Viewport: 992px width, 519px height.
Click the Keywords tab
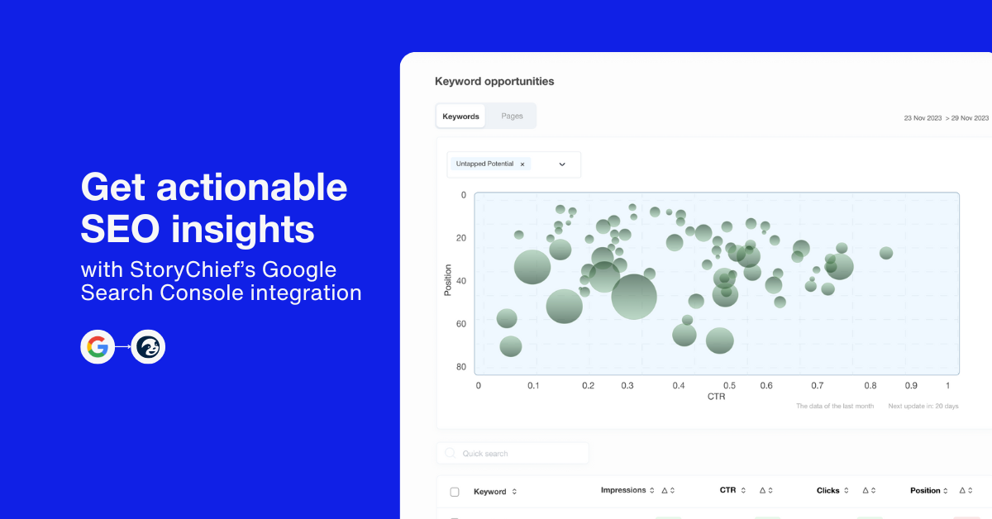(x=460, y=116)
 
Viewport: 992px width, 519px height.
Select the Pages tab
(x=512, y=116)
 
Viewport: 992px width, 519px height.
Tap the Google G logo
(x=98, y=347)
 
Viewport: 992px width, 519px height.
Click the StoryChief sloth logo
(x=148, y=347)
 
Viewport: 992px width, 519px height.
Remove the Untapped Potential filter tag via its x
(x=522, y=164)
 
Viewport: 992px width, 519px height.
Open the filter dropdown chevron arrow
(x=562, y=164)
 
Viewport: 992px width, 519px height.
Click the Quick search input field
(x=513, y=453)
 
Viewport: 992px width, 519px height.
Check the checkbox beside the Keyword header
(x=455, y=492)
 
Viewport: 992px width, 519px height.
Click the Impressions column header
(x=623, y=490)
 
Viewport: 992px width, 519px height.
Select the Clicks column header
(x=827, y=490)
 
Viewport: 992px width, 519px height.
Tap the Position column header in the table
(x=925, y=490)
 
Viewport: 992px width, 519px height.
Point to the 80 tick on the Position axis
(x=461, y=367)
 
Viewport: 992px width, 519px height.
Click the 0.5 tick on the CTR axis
(x=729, y=385)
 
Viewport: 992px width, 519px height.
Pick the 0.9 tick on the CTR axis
(x=911, y=385)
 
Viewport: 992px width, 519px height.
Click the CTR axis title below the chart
(x=716, y=397)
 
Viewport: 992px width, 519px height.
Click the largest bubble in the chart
(x=634, y=297)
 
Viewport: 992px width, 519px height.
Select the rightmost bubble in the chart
(x=886, y=253)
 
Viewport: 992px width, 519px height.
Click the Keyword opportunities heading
(x=494, y=82)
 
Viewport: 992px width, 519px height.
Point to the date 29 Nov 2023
(x=970, y=118)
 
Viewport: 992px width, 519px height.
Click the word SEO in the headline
(x=120, y=229)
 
